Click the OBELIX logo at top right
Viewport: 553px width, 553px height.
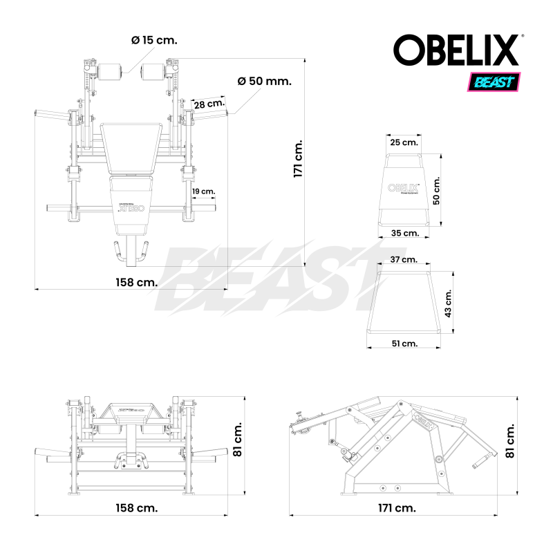coord(456,50)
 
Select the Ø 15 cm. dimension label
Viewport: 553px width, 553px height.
coord(153,40)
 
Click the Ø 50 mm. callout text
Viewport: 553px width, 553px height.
coord(263,81)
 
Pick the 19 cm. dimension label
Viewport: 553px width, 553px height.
coord(203,191)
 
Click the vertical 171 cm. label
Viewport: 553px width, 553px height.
coord(298,159)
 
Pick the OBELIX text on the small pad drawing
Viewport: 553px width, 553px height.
coord(400,187)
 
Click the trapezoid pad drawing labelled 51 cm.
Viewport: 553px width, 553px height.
coord(404,303)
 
